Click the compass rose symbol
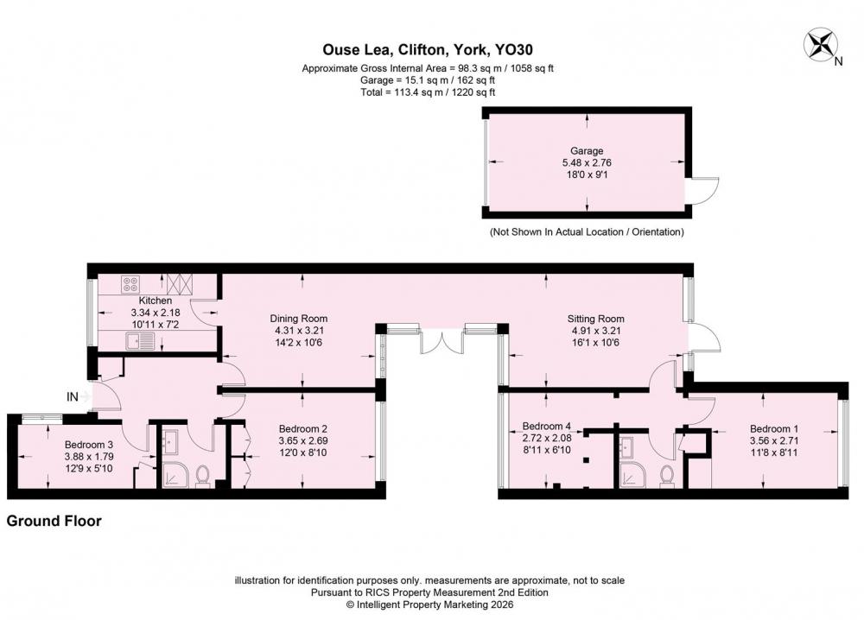coord(821,45)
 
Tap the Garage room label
coord(587,150)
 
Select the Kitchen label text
coord(156,301)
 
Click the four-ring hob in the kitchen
coord(130,284)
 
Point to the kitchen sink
coord(141,341)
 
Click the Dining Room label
coord(299,319)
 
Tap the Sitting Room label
coord(595,319)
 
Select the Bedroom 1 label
coord(773,428)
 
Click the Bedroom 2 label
coord(303,428)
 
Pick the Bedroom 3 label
coord(89,445)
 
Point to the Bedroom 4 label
coord(547,426)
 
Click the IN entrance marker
coord(73,396)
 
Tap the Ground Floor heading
coord(54,521)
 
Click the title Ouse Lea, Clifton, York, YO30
coord(428,49)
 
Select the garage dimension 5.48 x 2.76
coord(587,162)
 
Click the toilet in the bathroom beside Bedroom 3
coord(203,476)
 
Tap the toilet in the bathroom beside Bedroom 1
coord(667,476)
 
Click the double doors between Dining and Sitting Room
coord(442,341)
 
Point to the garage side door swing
coord(704,191)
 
